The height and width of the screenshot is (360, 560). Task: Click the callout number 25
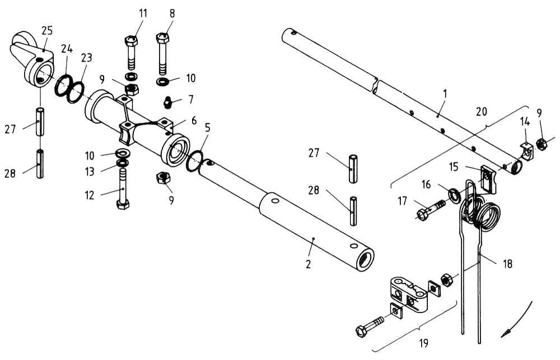[47, 31]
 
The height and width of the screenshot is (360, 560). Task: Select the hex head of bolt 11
[130, 40]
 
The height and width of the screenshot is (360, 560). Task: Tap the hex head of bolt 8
[162, 37]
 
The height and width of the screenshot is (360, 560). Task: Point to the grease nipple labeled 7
[168, 103]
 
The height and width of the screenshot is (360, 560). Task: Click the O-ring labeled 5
[195, 161]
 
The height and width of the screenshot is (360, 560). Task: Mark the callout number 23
[86, 58]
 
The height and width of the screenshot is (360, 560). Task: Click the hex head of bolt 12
[123, 205]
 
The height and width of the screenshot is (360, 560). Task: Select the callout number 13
[90, 172]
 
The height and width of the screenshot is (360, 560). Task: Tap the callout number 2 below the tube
[309, 264]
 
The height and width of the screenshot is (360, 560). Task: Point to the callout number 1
[445, 94]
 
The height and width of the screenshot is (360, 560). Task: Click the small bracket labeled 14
[526, 151]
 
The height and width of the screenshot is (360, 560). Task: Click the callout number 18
[507, 264]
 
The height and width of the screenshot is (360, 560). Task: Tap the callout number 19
[423, 344]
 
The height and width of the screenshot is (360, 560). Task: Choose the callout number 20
[482, 112]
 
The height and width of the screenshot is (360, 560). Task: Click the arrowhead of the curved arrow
[505, 334]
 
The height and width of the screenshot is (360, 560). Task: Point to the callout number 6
[194, 120]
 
